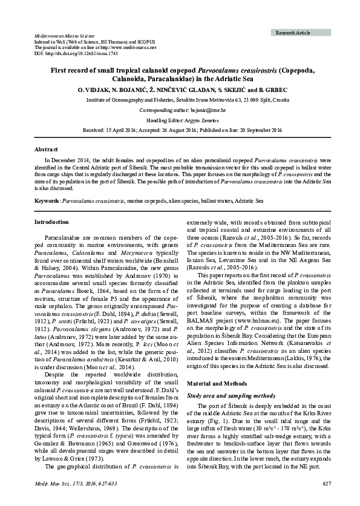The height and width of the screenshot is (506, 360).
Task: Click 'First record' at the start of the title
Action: click(x=68, y=69)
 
